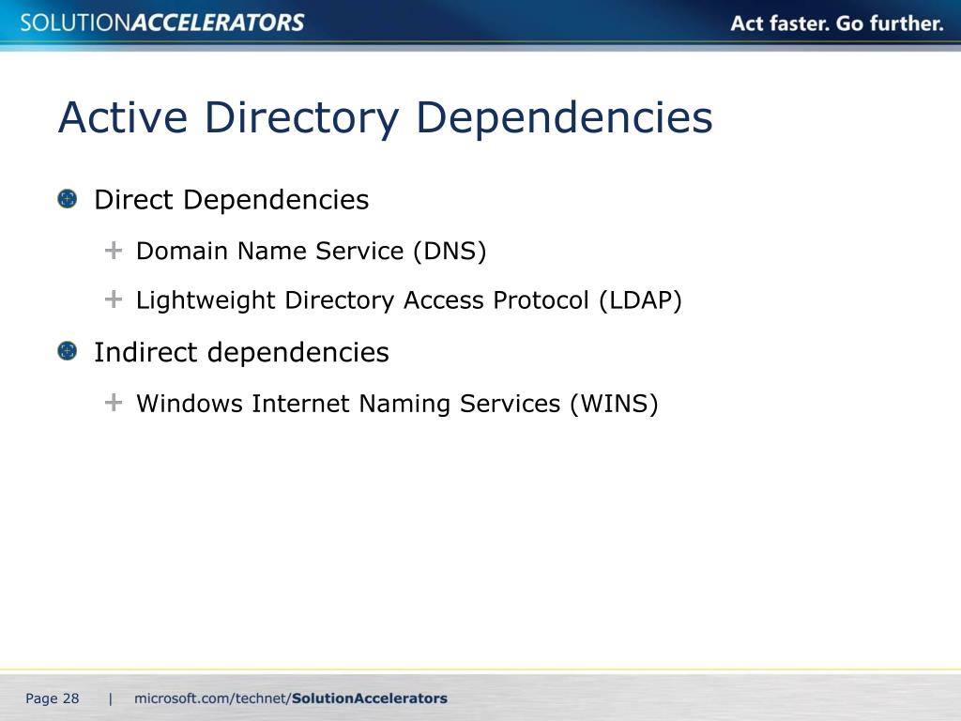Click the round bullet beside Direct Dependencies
click(67, 199)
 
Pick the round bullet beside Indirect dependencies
click(67, 351)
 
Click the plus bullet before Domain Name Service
click(114, 251)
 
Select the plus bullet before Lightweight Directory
click(114, 299)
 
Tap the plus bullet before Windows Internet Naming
click(114, 403)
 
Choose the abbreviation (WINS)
click(614, 404)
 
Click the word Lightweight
click(206, 300)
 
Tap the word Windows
click(190, 404)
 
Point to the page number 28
click(71, 698)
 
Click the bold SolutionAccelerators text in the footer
click(370, 698)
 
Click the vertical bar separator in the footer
click(111, 698)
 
